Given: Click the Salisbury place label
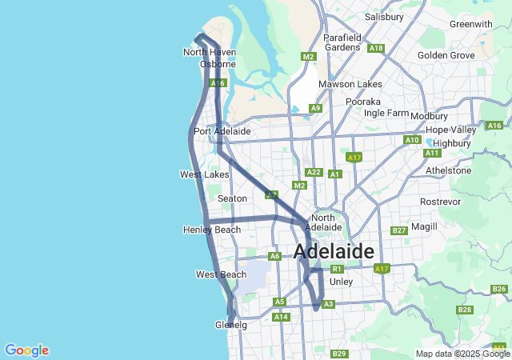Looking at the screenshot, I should click(x=384, y=16).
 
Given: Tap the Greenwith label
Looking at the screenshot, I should click(x=470, y=24).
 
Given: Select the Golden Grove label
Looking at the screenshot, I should click(x=446, y=55).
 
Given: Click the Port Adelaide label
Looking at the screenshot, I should click(x=222, y=131).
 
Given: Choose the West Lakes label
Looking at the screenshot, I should click(x=204, y=174).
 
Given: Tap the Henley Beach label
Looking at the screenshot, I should click(x=211, y=230).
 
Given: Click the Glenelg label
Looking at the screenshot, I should click(x=230, y=326).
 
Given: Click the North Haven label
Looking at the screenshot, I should click(x=210, y=52).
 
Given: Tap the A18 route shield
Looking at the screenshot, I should click(x=376, y=48).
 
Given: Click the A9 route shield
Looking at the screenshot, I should click(x=316, y=108).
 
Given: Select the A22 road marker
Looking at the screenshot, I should click(x=314, y=172).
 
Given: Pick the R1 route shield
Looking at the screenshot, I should click(x=337, y=269).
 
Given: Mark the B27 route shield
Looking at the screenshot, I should click(x=400, y=230).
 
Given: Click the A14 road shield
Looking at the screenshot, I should click(x=280, y=317).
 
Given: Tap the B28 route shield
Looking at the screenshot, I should click(x=464, y=310).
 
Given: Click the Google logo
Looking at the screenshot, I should click(x=26, y=350).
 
